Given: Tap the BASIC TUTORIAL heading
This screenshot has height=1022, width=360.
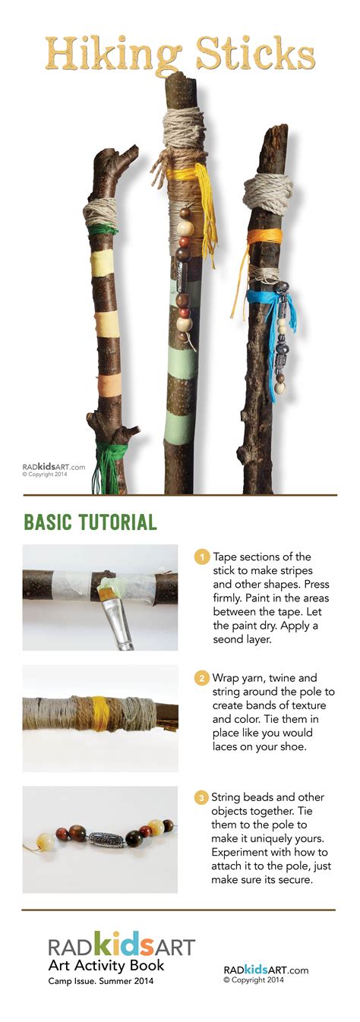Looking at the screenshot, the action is pyautogui.click(x=90, y=522).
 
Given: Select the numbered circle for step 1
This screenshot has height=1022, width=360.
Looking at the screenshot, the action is pyautogui.click(x=201, y=557).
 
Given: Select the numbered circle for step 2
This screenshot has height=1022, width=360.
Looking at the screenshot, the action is pyautogui.click(x=201, y=678).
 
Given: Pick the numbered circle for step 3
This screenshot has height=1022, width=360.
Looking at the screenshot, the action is pyautogui.click(x=201, y=798).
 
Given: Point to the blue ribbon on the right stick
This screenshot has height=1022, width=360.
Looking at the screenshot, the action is pyautogui.click(x=273, y=304).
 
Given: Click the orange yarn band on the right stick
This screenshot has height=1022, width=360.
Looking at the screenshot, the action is pyautogui.click(x=263, y=237).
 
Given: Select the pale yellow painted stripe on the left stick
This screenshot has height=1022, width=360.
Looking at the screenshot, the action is pyautogui.click(x=101, y=263).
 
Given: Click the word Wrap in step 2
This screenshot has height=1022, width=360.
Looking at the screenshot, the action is pyautogui.click(x=226, y=678).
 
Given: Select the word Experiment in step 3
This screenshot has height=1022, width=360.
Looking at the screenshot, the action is pyautogui.click(x=238, y=853).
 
